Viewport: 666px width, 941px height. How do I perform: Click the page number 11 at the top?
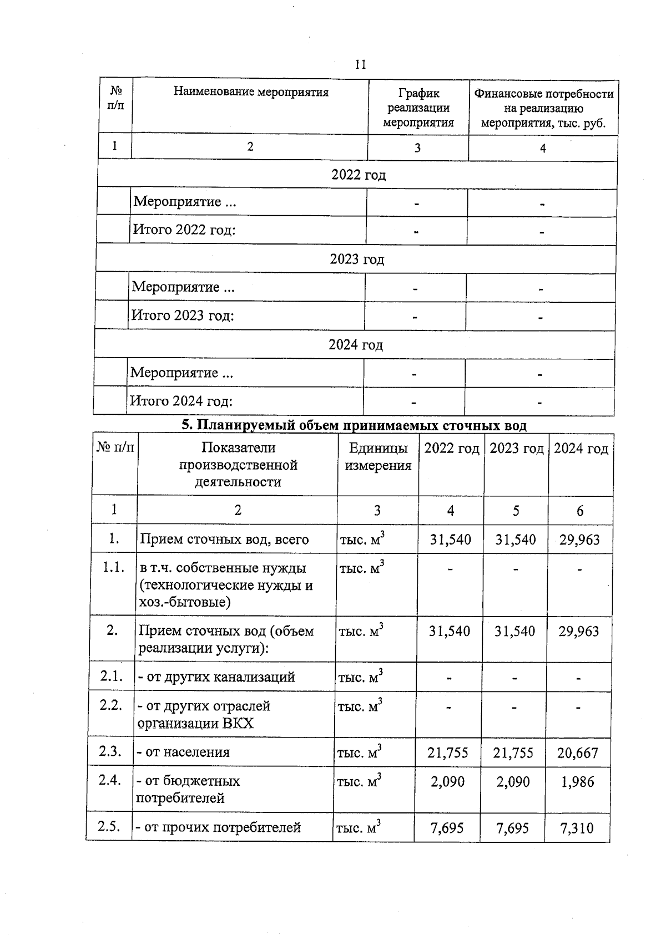click(x=360, y=64)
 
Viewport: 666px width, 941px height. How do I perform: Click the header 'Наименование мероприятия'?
click(x=251, y=92)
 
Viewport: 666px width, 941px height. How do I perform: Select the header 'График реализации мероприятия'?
click(x=418, y=108)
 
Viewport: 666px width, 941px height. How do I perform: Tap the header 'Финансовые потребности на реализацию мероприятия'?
click(x=543, y=108)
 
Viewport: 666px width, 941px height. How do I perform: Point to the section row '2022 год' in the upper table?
click(x=358, y=175)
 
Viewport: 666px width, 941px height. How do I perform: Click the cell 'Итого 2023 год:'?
click(x=183, y=316)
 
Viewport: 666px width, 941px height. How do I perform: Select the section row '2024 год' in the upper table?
click(x=356, y=345)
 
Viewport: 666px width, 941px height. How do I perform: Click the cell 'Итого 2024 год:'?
click(x=181, y=401)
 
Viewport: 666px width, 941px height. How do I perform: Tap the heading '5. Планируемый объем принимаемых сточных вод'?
click(x=354, y=425)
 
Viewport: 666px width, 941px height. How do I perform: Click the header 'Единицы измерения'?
click(x=378, y=456)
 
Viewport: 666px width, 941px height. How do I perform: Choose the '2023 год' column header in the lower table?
click(x=516, y=449)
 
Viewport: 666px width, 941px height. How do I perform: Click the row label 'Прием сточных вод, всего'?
click(x=224, y=539)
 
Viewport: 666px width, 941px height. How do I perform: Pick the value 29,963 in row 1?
click(x=579, y=540)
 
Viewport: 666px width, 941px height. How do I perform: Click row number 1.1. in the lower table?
click(x=113, y=568)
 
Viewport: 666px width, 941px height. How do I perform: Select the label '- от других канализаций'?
click(x=216, y=677)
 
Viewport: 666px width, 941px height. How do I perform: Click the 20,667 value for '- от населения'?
click(x=578, y=753)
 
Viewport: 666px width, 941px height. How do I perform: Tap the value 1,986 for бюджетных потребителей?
click(x=577, y=782)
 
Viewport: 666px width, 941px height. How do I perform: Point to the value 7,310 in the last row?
click(x=577, y=828)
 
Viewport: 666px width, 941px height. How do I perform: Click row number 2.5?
click(x=109, y=826)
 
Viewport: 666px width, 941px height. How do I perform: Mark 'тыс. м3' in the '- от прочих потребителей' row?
click(x=358, y=827)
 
